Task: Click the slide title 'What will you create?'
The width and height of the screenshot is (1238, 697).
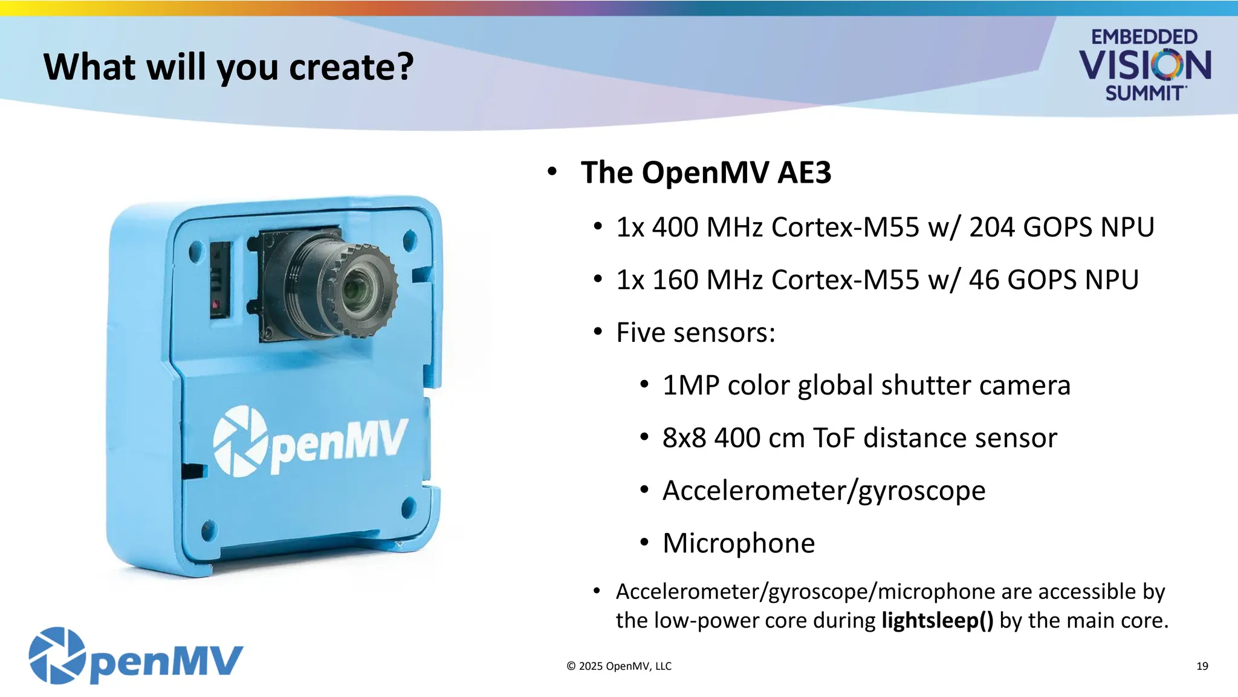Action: pyautogui.click(x=228, y=67)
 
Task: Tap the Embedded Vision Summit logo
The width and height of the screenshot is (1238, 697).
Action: pyautogui.click(x=1144, y=65)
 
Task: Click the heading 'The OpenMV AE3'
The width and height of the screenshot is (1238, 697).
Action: pyautogui.click(x=705, y=172)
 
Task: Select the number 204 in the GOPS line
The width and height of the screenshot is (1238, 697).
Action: pyautogui.click(x=991, y=227)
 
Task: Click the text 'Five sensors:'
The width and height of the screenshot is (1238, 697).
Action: pyautogui.click(x=695, y=333)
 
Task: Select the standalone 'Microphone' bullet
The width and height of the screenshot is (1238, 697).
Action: pyautogui.click(x=738, y=543)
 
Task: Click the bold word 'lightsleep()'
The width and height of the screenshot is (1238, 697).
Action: pyautogui.click(x=937, y=621)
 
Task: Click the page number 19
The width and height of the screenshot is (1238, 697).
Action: pyautogui.click(x=1202, y=666)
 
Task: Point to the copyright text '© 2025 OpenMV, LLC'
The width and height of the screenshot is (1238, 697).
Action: pyautogui.click(x=618, y=666)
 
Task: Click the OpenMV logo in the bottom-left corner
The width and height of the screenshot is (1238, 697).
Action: pyautogui.click(x=135, y=656)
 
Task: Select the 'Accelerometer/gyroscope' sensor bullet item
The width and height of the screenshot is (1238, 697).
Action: pyautogui.click(x=823, y=491)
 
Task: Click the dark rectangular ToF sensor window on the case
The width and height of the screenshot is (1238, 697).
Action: pyautogui.click(x=220, y=280)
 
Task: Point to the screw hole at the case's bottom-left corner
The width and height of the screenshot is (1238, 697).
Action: pyautogui.click(x=209, y=530)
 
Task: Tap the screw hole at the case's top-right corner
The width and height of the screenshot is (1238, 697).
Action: pyautogui.click(x=409, y=240)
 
